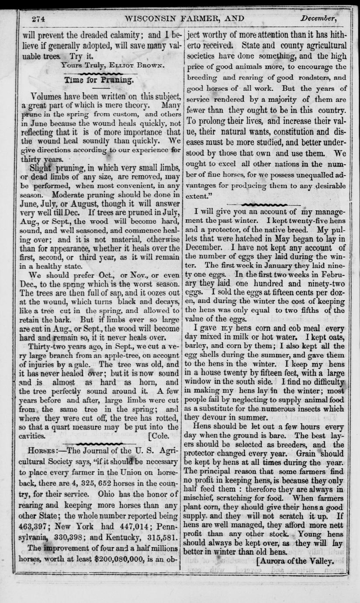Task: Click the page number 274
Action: tap(39, 19)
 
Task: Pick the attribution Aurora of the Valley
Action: tap(296, 561)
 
